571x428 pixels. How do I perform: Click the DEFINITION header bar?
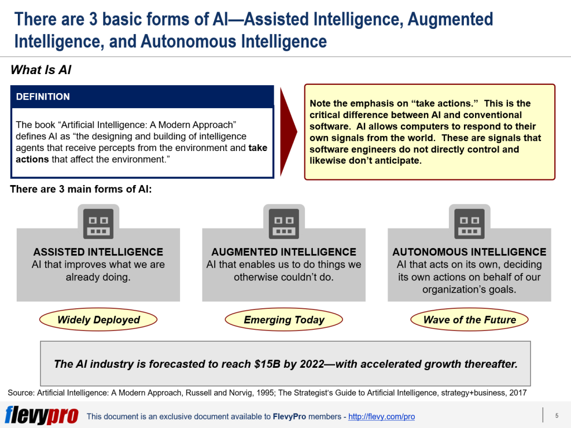pyautogui.click(x=142, y=96)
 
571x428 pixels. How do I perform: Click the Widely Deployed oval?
pyautogui.click(x=98, y=320)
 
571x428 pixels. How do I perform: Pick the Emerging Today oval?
pyautogui.click(x=284, y=320)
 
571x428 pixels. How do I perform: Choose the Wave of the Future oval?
pyautogui.click(x=469, y=320)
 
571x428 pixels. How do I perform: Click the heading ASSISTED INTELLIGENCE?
pyautogui.click(x=98, y=252)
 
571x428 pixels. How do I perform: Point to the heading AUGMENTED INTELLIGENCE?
pyautogui.click(x=284, y=252)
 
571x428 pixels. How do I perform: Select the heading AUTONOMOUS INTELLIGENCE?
pyautogui.click(x=469, y=252)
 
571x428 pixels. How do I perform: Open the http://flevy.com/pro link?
pyautogui.click(x=381, y=416)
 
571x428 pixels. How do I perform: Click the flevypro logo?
pyautogui.click(x=41, y=416)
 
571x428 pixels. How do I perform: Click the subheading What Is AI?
pyautogui.click(x=41, y=70)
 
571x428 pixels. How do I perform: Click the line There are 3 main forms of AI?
pyautogui.click(x=81, y=189)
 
